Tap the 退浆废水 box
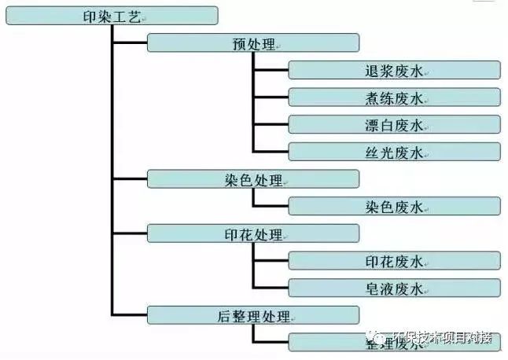coord(394,70)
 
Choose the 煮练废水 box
coord(394,97)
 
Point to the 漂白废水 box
coord(394,124)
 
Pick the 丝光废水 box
coord(394,152)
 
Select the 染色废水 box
coord(394,207)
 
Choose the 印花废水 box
coord(394,261)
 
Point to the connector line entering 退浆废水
coord(271,70)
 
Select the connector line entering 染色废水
coord(271,207)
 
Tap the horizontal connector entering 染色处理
coord(131,179)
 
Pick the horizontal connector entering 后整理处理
coord(131,315)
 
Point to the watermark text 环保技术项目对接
coord(444,339)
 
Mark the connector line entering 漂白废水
coord(271,124)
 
